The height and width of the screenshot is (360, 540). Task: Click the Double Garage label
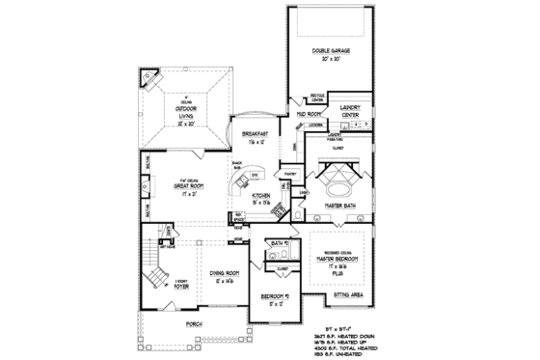click(x=330, y=50)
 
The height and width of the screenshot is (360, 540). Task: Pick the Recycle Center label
click(x=315, y=97)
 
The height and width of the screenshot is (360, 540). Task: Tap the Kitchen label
click(x=261, y=196)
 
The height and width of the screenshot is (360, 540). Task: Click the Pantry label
click(x=288, y=175)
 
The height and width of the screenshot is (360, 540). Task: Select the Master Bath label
click(x=341, y=204)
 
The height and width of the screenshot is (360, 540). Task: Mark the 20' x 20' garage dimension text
click(x=330, y=59)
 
